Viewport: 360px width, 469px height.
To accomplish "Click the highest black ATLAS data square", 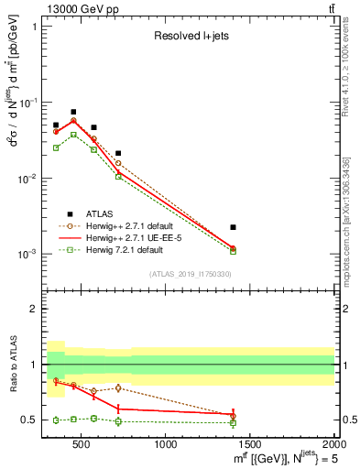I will click(73, 112).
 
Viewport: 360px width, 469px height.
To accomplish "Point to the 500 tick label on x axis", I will click(81, 445).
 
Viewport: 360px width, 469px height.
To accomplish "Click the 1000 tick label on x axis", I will click(166, 445).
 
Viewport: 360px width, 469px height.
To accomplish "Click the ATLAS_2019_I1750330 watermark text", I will click(191, 274).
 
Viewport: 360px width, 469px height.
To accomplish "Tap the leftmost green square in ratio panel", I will click(56, 420).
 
